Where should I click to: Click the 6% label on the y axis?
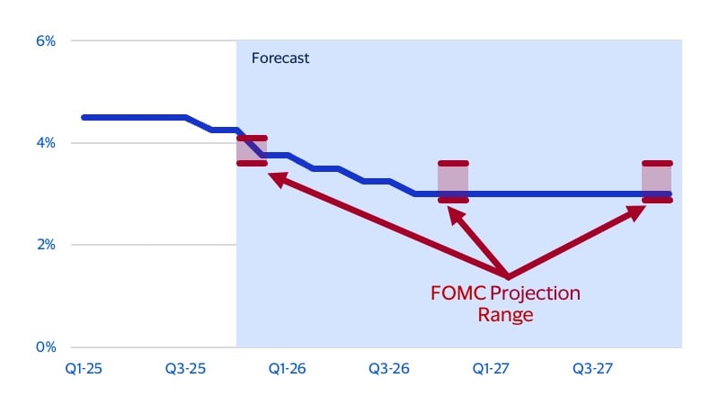[44, 41]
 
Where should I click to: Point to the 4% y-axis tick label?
[44, 143]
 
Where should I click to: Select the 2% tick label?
[44, 245]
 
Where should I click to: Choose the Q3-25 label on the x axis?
[186, 369]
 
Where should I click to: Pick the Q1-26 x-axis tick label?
[288, 369]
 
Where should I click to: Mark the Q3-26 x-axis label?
[390, 369]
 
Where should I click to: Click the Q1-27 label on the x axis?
[492, 369]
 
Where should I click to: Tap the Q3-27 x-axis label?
[593, 369]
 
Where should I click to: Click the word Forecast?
[279, 58]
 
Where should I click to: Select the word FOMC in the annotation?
[458, 294]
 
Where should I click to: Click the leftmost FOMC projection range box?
[252, 150]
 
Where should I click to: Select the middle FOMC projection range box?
[453, 182]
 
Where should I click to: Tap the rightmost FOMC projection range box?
[657, 182]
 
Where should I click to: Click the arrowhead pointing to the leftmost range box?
[277, 179]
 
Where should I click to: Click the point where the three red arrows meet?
[508, 275]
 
